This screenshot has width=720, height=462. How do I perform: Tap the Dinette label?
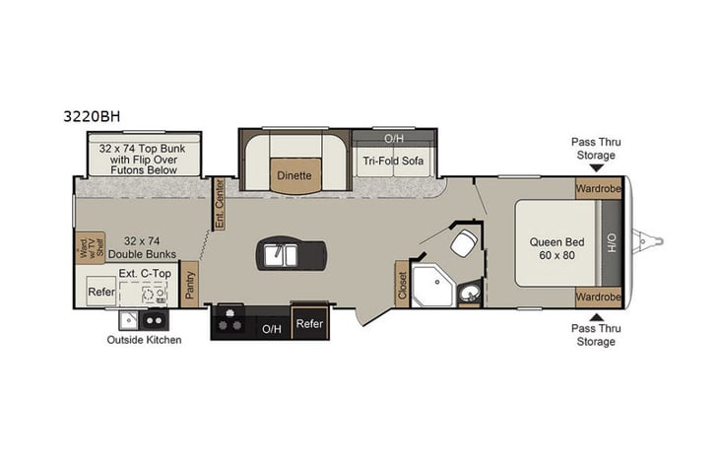click(x=293, y=175)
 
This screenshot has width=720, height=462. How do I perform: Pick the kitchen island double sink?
click(x=282, y=254)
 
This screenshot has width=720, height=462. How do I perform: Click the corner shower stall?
click(x=429, y=286)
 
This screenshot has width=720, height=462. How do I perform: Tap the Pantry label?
click(x=189, y=285)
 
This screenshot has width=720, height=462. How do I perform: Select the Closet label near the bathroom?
click(x=403, y=285)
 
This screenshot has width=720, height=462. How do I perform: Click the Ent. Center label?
click(x=220, y=204)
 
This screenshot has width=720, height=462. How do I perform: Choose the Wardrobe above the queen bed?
click(x=599, y=188)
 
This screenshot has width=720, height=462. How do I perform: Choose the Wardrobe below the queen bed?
click(x=599, y=297)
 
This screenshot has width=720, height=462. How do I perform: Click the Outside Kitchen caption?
click(x=145, y=341)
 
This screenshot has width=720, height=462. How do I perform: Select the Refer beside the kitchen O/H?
click(x=310, y=323)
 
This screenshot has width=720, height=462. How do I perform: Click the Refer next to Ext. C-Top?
click(x=100, y=292)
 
